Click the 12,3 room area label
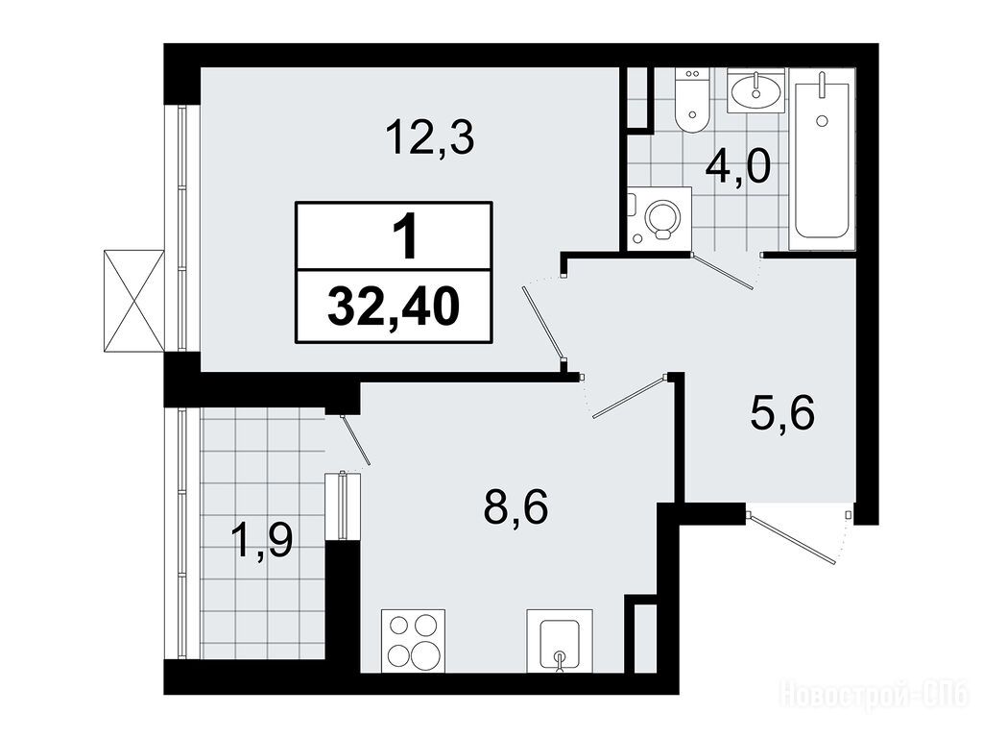coord(430,138)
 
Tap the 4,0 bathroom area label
coord(737,168)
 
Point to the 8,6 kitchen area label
coord(515,507)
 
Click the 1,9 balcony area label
coord(261,540)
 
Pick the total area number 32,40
coord(394,307)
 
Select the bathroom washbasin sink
coord(755,91)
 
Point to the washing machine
coord(659,219)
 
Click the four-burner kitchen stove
coord(413,641)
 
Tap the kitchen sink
coord(560,641)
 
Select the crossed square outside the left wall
coord(133,301)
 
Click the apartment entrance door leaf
coord(792,538)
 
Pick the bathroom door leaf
coord(722,271)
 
